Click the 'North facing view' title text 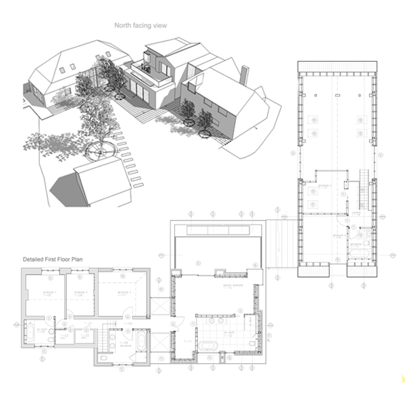pos(140,25)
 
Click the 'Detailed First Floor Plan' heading pos(53,260)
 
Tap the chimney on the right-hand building pos(244,73)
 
